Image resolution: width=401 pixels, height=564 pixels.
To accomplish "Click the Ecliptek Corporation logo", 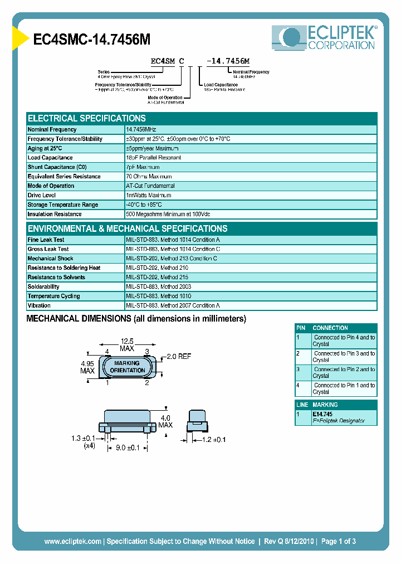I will pyautogui.click(x=324, y=38).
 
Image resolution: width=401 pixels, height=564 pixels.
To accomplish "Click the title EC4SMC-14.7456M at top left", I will pyautogui.click(x=92, y=40).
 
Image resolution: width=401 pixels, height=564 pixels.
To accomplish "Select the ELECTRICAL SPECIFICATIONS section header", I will pyautogui.click(x=87, y=119).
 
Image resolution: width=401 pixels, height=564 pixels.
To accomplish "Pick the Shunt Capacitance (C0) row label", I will pyautogui.click(x=57, y=167).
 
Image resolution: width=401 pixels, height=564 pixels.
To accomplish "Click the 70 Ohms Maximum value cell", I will pyautogui.click(x=151, y=177).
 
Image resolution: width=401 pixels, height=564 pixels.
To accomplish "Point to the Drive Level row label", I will pyautogui.click(x=42, y=196).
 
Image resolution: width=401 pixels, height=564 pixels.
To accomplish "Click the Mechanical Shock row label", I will pyautogui.click(x=51, y=259).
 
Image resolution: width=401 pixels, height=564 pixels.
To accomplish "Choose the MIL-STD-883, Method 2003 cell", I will pyautogui.click(x=158, y=287).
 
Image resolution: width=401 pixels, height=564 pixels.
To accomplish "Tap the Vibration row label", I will pyautogui.click(x=39, y=306).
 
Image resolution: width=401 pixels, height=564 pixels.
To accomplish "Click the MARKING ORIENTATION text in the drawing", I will pyautogui.click(x=128, y=367).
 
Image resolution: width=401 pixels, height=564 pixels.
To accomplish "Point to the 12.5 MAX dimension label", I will pyautogui.click(x=127, y=345).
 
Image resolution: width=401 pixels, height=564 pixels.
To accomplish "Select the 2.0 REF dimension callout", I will pyautogui.click(x=178, y=356).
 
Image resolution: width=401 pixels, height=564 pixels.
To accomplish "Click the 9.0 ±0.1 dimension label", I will pyautogui.click(x=128, y=447).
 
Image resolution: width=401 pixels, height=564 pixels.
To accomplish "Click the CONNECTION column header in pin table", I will pyautogui.click(x=330, y=328).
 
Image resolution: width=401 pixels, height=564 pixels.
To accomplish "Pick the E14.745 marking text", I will pyautogui.click(x=322, y=415).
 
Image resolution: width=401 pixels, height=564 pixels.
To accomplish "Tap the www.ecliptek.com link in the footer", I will pyautogui.click(x=73, y=541).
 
